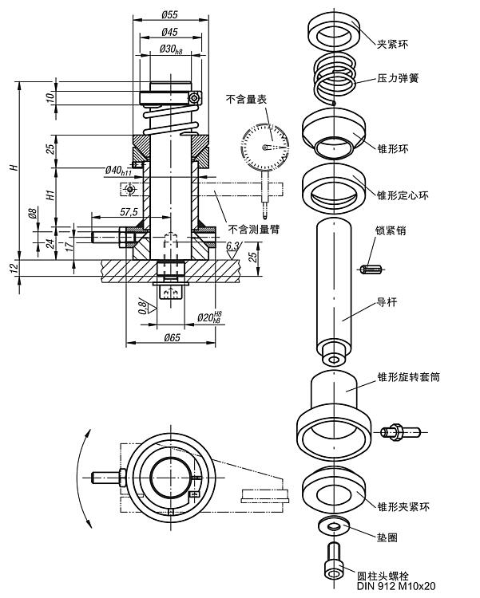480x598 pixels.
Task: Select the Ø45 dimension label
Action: click(169, 32)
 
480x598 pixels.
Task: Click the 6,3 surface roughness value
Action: click(232, 247)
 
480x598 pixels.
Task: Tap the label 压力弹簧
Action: click(399, 79)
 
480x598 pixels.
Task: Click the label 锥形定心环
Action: click(403, 193)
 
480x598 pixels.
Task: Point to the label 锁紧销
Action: click(391, 231)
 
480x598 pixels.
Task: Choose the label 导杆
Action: click(387, 303)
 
